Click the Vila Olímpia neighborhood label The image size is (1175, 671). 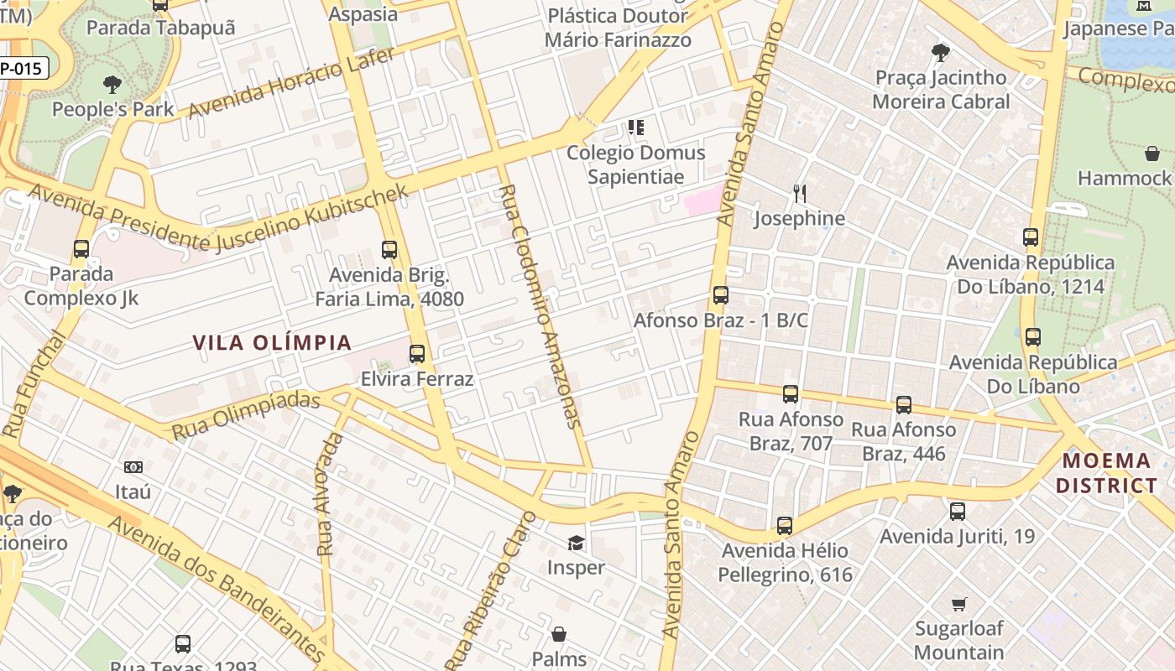coord(272,342)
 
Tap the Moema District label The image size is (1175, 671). coord(1106,472)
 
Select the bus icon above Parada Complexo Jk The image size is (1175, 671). coord(81,249)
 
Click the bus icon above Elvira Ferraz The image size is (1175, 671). coord(417,354)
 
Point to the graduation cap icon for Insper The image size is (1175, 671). coord(576,544)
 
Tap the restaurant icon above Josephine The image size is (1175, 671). coord(800,195)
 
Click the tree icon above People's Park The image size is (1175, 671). coord(112,85)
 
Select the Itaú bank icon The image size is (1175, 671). coord(133,467)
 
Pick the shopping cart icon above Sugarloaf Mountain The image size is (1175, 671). coord(959,604)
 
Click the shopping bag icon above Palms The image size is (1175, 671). coord(559,634)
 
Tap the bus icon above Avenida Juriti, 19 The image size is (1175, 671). coord(958,512)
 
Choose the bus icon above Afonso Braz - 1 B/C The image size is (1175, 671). coord(721,295)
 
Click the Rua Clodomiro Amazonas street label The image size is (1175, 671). coord(540,306)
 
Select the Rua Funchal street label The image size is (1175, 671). coord(34,384)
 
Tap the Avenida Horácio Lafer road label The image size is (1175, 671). coord(290,82)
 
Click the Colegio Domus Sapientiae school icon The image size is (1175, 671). coord(636,128)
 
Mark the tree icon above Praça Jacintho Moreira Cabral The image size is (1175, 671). coord(941,54)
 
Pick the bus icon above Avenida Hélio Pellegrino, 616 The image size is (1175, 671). coord(785,526)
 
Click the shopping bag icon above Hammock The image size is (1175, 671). coord(1152,153)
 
